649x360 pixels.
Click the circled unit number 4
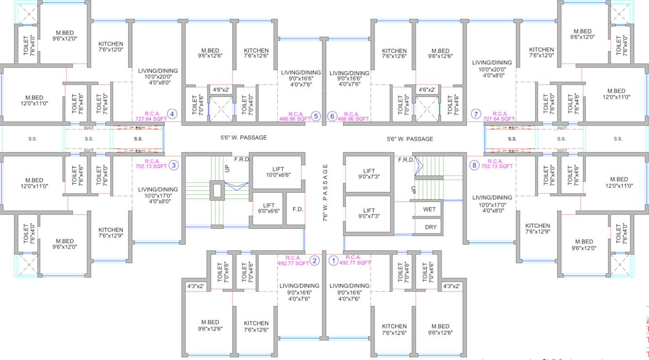172,115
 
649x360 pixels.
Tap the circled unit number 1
333,260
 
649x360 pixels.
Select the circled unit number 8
474,165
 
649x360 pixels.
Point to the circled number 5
316,116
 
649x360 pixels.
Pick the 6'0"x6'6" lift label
269,208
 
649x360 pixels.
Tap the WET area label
429,209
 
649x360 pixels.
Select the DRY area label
430,227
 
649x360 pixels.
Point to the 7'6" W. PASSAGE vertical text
325,193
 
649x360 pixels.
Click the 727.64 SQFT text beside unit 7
499,119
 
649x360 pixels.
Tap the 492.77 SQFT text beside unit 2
293,263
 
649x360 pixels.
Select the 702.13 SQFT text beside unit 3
151,166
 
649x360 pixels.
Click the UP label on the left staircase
227,169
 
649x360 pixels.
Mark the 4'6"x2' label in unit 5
221,89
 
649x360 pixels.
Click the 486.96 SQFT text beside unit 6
353,119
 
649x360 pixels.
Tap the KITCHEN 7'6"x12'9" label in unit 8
537,229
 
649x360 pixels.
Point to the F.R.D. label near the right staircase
406,160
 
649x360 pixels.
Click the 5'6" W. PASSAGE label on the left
243,137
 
